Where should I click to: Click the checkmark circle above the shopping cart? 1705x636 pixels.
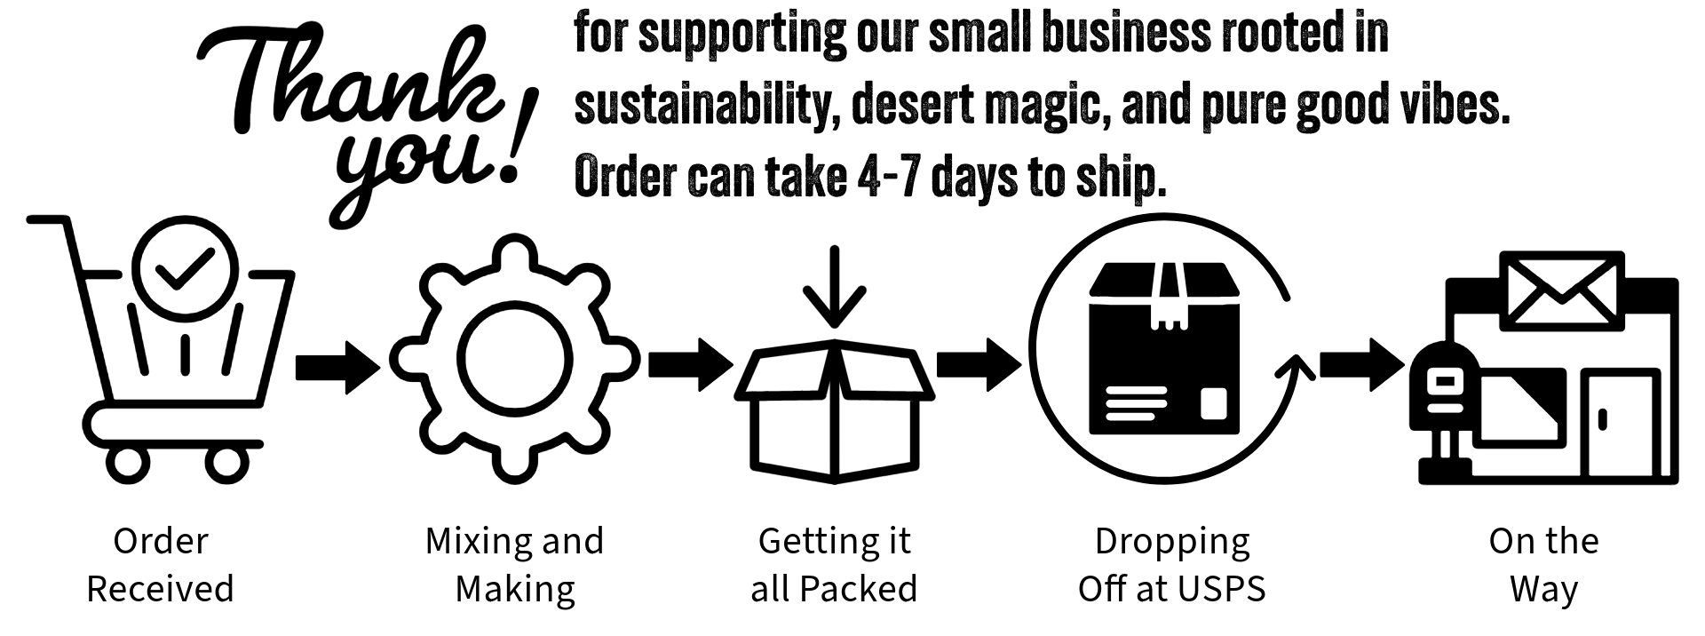pyautogui.click(x=186, y=268)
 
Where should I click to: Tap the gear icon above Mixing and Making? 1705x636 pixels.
pyautogui.click(x=515, y=358)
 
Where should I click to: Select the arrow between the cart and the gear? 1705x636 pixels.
pyautogui.click(x=337, y=366)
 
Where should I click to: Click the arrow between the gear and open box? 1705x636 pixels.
pyautogui.click(x=690, y=364)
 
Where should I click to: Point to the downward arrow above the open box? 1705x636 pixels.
pyautogui.click(x=834, y=287)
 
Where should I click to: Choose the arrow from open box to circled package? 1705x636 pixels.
pyautogui.click(x=978, y=364)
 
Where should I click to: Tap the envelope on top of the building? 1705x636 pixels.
pyautogui.click(x=1562, y=290)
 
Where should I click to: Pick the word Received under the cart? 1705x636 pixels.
pyautogui.click(x=160, y=589)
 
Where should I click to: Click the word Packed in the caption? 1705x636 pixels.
pyautogui.click(x=858, y=589)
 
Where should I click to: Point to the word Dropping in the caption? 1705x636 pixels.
pyautogui.click(x=1172, y=541)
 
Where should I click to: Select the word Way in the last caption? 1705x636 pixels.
pyautogui.click(x=1544, y=589)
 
